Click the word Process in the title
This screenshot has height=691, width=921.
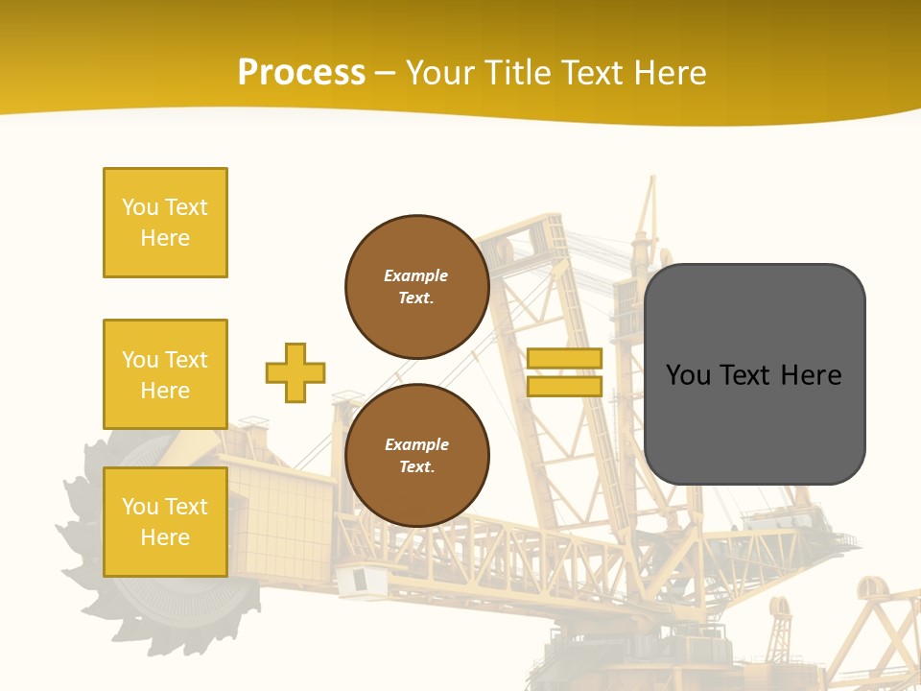click(301, 73)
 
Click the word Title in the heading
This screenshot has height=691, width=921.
click(515, 73)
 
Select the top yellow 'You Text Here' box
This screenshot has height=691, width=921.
click(165, 223)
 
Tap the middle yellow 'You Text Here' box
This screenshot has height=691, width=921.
click(165, 374)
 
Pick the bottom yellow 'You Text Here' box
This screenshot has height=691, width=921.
click(165, 522)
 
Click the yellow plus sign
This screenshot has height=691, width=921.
click(295, 372)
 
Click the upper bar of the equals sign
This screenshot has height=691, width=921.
click(564, 358)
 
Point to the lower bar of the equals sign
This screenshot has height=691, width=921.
click(564, 386)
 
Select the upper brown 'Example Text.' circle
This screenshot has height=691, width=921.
click(416, 286)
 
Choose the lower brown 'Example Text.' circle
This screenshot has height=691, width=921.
click(416, 455)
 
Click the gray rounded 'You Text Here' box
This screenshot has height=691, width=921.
click(754, 374)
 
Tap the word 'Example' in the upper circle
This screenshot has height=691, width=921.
click(415, 275)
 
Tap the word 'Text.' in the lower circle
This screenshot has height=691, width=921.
click(416, 466)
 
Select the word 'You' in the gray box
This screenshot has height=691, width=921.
click(688, 375)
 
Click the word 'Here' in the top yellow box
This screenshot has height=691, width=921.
click(165, 238)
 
